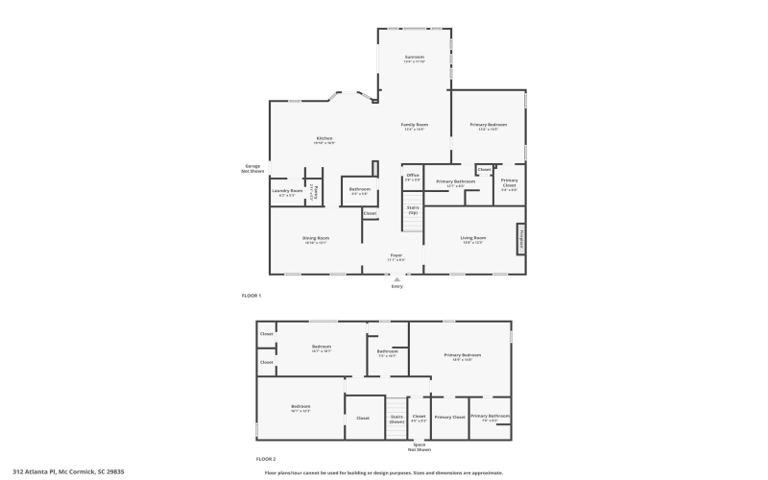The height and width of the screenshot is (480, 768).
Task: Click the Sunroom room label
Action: pos(415,58)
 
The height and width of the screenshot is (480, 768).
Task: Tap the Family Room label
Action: pos(415,125)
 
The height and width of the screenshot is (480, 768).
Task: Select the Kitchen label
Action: pos(324,139)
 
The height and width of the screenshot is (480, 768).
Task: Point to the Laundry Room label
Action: pos(287,190)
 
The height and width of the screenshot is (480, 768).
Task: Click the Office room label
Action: pos(413,175)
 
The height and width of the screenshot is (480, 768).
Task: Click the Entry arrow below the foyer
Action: pos(396,279)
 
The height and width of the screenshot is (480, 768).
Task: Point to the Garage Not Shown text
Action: pos(252,168)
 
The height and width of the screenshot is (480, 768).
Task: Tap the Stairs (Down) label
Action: pos(396,418)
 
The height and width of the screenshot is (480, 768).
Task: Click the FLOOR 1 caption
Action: pos(252,295)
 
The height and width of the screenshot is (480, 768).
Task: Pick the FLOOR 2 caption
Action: pos(252,460)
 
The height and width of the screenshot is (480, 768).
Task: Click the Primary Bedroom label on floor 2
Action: pos(462,355)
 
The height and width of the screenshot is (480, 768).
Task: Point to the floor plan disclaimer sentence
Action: pos(383,472)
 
